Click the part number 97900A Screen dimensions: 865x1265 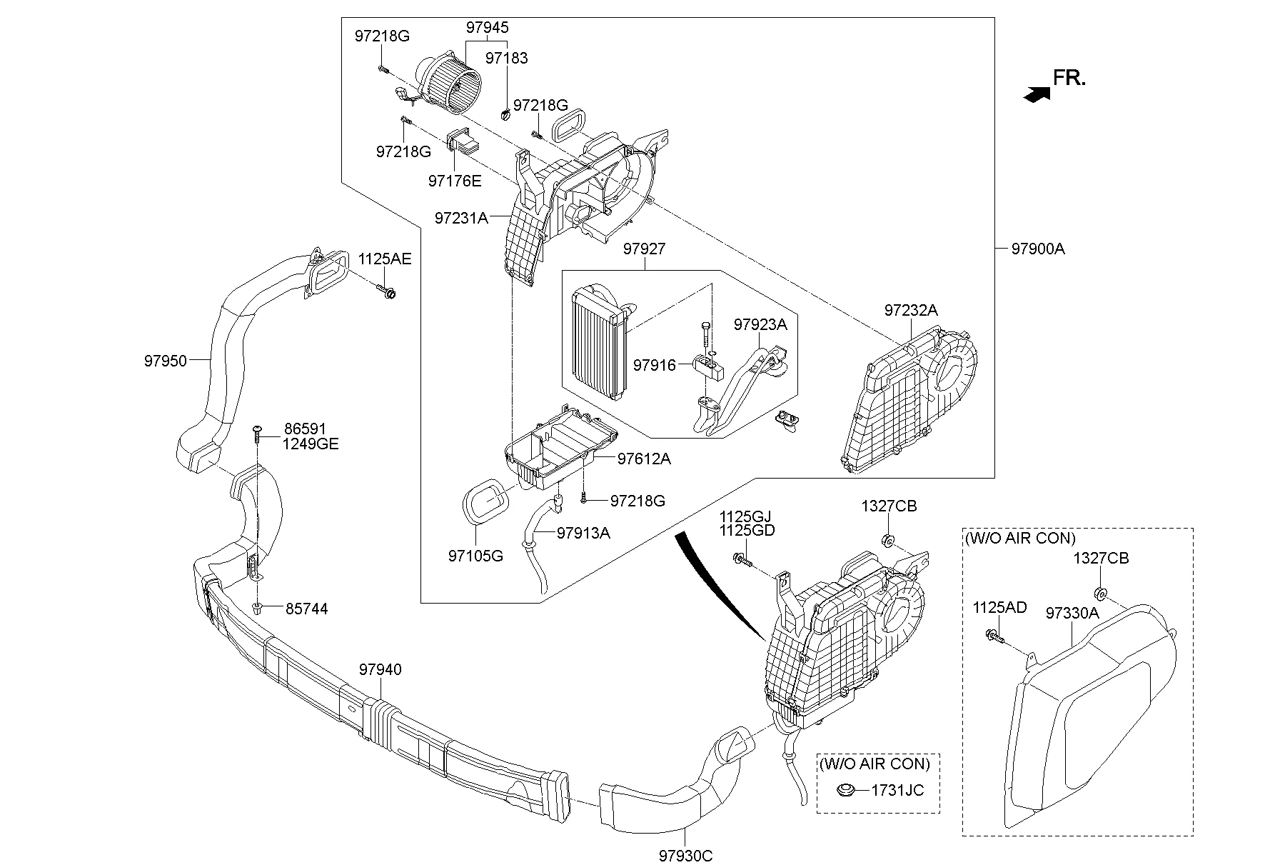pyautogui.click(x=1037, y=249)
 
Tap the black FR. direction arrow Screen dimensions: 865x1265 pyautogui.click(x=1037, y=94)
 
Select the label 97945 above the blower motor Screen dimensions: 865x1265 pyautogui.click(x=487, y=28)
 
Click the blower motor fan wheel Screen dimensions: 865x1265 pyautogui.click(x=457, y=84)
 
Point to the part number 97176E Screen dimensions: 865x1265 pyautogui.click(x=455, y=181)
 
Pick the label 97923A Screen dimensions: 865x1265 pyautogui.click(x=760, y=324)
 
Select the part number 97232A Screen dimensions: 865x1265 pyautogui.click(x=910, y=310)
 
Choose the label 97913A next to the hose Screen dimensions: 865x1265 pyautogui.click(x=583, y=533)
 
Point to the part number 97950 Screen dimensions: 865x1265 pyautogui.click(x=165, y=361)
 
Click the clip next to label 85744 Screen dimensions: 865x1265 pyautogui.click(x=258, y=609)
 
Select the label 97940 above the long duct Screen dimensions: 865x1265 pyautogui.click(x=380, y=669)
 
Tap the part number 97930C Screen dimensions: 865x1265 pyautogui.click(x=685, y=855)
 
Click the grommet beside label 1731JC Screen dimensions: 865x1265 pyautogui.click(x=847, y=791)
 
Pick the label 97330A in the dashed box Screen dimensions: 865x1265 pyautogui.click(x=1072, y=613)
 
